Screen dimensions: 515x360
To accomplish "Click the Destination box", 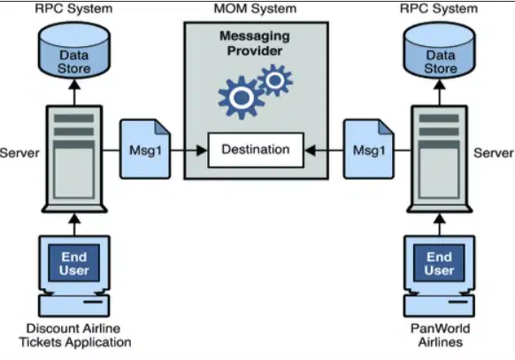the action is [256, 150].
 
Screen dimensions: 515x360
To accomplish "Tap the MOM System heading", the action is [255, 9].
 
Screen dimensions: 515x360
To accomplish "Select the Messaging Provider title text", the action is [255, 43].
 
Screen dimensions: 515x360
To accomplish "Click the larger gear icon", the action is [242, 97].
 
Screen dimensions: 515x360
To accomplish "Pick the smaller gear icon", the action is [275, 80].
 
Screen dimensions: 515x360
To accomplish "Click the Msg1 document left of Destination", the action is [145, 149].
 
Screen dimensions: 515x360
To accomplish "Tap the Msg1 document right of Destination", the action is [368, 149].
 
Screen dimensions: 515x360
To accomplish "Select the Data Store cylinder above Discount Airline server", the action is [74, 50].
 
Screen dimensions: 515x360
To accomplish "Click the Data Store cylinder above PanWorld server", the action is [440, 50].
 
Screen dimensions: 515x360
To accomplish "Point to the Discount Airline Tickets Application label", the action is [75, 335].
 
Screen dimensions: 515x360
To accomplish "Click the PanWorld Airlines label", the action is [440, 335].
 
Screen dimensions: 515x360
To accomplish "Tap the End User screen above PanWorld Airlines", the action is [439, 263].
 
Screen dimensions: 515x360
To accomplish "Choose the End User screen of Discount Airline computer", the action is [74, 263].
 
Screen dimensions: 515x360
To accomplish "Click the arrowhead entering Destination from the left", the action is [202, 150].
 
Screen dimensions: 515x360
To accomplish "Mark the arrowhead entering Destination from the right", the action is [310, 150].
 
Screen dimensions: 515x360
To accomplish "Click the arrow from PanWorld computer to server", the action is [440, 225].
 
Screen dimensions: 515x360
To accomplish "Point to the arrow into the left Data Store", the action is [75, 93].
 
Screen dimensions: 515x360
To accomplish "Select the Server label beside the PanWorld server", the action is [494, 153].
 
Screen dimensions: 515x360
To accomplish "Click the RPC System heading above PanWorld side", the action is [439, 9].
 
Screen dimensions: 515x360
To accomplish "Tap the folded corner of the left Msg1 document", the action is [162, 126].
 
